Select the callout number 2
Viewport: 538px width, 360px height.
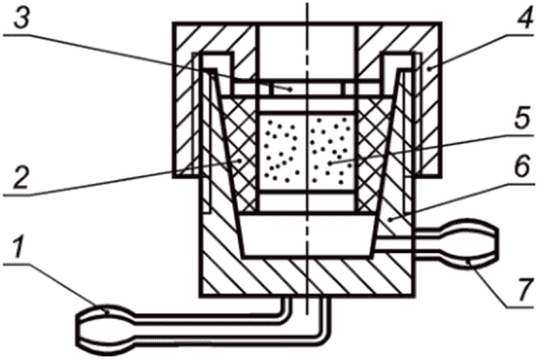21,177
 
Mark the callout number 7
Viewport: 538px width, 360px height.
523,290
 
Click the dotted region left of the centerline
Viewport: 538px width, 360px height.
281,152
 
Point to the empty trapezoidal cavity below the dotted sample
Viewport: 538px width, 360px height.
307,237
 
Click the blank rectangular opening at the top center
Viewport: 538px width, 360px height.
307,52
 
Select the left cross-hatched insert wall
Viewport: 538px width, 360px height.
240,154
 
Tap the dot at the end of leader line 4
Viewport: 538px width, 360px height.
429,69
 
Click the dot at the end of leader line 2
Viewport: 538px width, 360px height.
241,161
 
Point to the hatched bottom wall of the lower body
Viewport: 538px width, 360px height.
307,277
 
